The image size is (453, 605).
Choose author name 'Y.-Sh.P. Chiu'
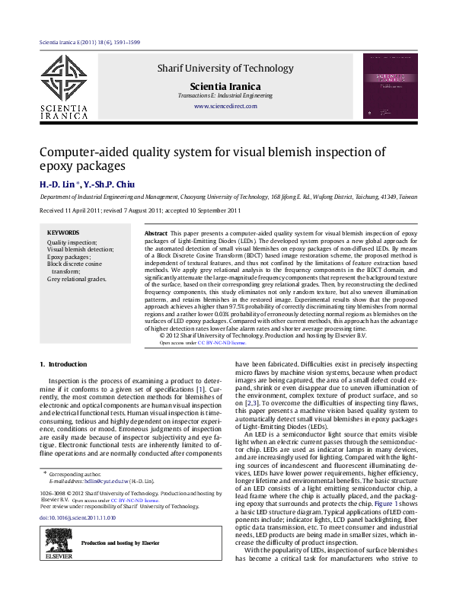106,184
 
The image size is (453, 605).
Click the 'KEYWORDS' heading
62,232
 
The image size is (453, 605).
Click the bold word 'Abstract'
156,232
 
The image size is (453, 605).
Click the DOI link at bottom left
77,518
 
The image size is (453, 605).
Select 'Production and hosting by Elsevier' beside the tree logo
120,543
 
